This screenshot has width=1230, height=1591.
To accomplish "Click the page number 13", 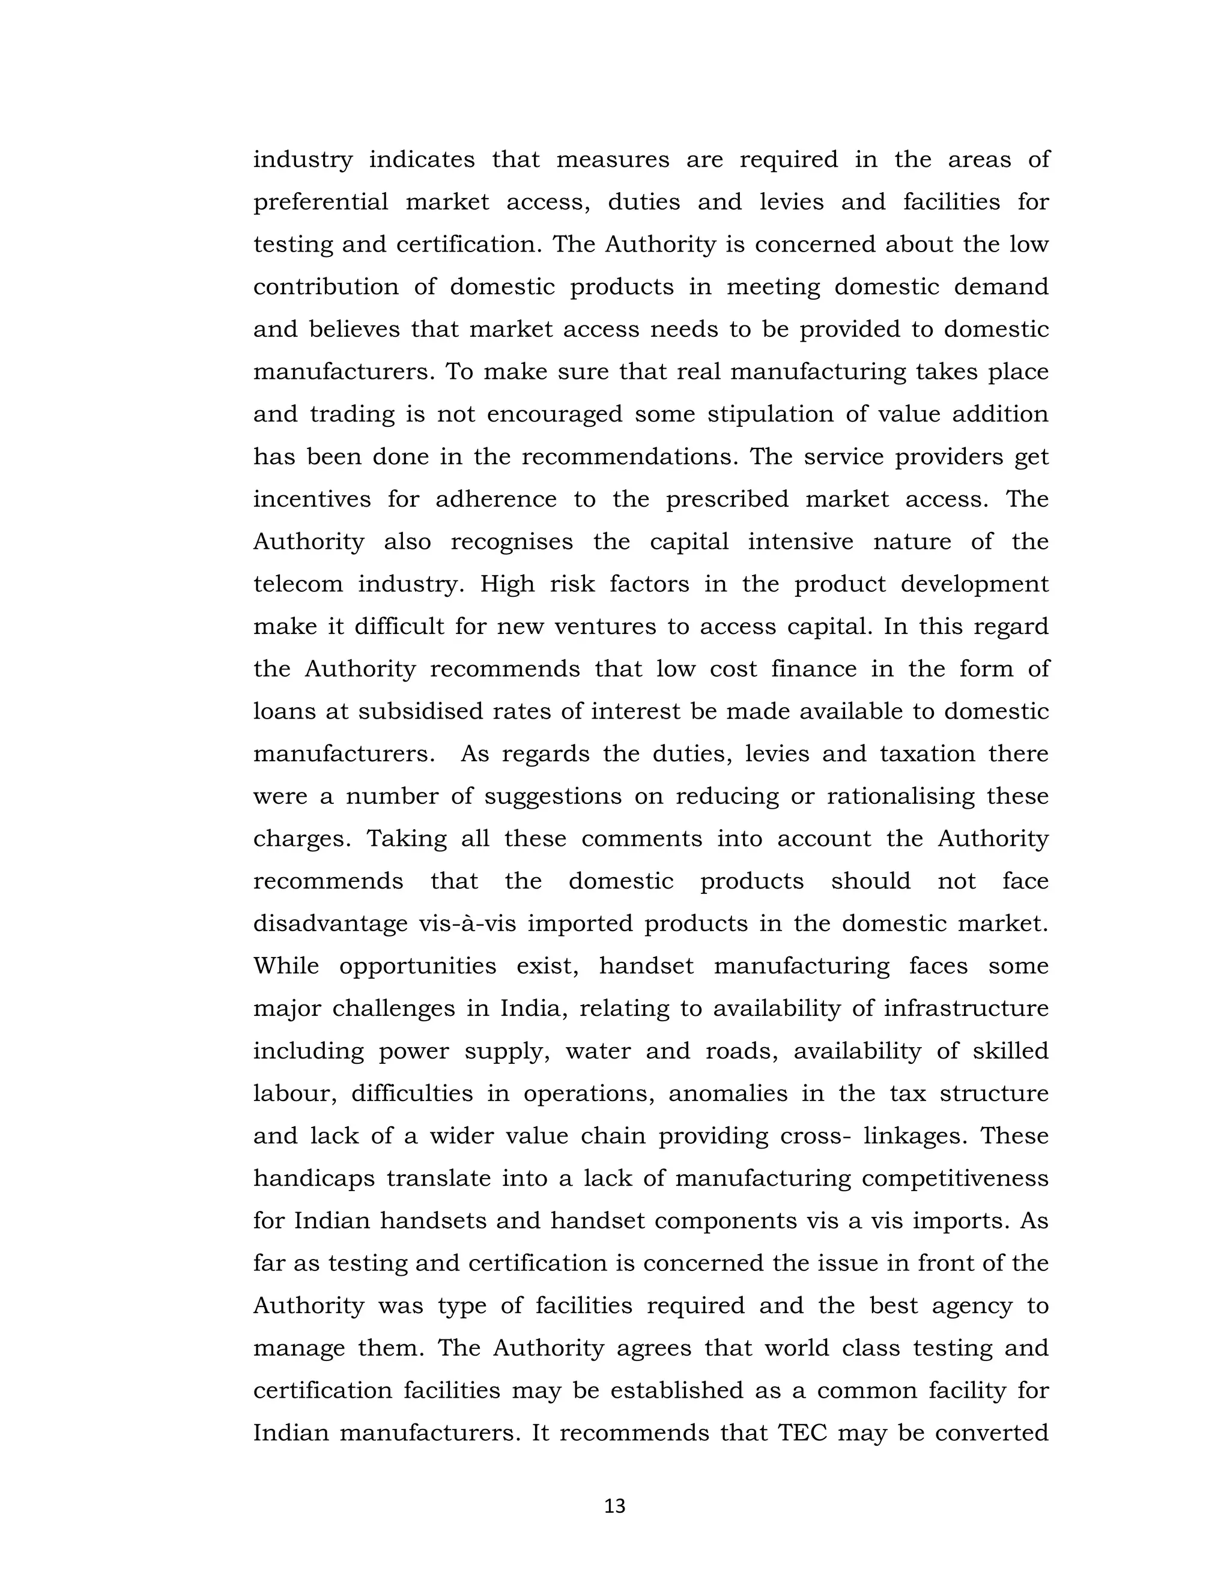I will click(x=615, y=1506).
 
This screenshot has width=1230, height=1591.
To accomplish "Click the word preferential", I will click(x=321, y=202).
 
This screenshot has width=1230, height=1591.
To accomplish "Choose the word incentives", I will click(x=312, y=499).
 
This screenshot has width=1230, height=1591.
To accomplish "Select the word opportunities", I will click(x=417, y=967).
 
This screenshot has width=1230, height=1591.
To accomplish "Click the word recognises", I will click(x=512, y=542).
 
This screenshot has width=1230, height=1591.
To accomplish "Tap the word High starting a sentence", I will click(x=507, y=584).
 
